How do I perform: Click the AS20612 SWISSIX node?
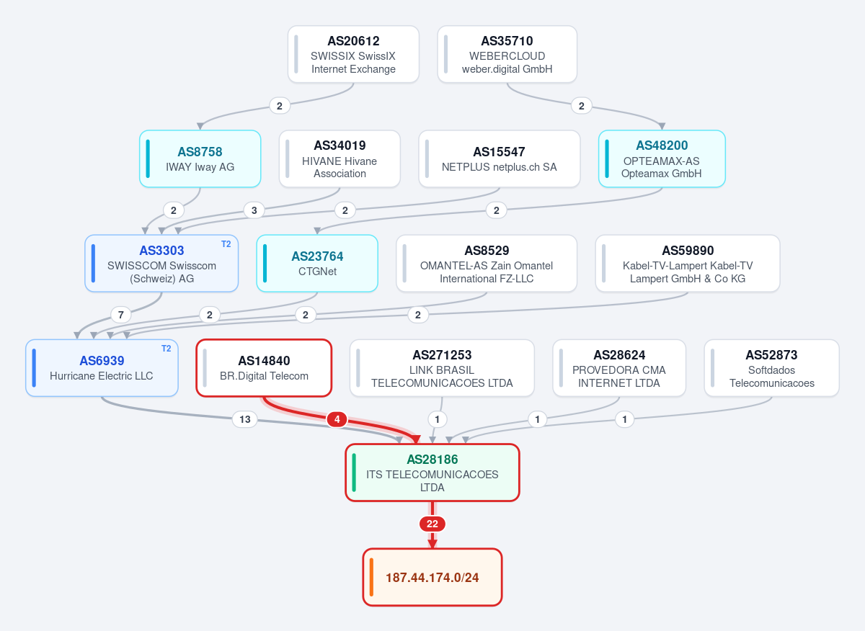(353, 55)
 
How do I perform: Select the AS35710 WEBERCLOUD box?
(507, 55)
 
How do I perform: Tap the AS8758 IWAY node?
(200, 159)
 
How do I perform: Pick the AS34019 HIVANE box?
(340, 159)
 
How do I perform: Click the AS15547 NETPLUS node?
(500, 159)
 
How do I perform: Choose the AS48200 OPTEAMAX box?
(662, 159)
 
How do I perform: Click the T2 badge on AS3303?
(226, 244)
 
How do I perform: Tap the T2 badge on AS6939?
(166, 349)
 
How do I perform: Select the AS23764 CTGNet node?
(317, 264)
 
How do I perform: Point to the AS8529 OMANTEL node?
(487, 264)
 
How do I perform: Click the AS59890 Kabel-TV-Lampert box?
(688, 264)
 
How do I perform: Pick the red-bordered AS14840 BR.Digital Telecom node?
(264, 368)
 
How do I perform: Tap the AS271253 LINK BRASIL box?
(442, 368)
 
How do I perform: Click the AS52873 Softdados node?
(771, 368)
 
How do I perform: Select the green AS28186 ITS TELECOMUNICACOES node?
(432, 473)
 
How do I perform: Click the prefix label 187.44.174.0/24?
(432, 578)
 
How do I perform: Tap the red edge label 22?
(432, 524)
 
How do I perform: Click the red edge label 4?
(337, 419)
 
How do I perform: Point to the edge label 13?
(245, 419)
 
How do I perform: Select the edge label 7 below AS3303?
(121, 315)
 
